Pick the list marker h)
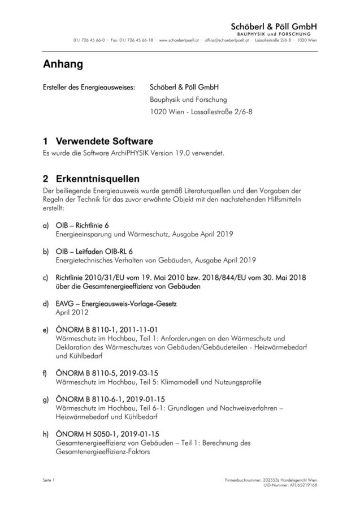[x=46, y=434]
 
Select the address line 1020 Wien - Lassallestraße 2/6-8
[x=202, y=112]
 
